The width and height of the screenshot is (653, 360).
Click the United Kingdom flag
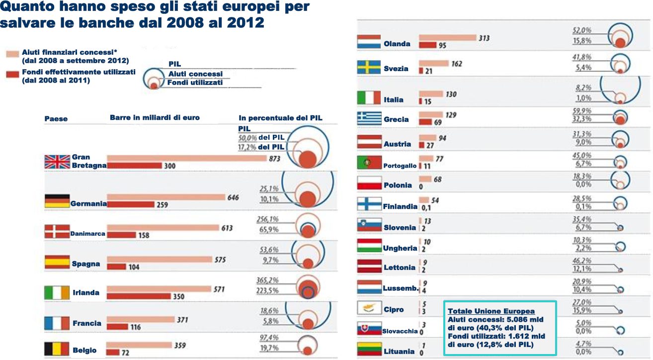click(x=57, y=162)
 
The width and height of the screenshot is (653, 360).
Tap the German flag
click(x=57, y=201)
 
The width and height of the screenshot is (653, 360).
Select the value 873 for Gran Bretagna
click(x=274, y=159)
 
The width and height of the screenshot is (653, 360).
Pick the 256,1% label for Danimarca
click(x=268, y=220)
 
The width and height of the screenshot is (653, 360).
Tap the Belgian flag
click(x=57, y=348)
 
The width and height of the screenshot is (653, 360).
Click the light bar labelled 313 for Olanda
click(x=447, y=38)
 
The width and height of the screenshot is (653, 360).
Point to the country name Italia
click(x=394, y=100)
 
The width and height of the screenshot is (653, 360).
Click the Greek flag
click(x=369, y=118)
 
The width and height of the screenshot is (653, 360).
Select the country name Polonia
click(x=398, y=185)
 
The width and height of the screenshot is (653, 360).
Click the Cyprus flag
click(x=369, y=308)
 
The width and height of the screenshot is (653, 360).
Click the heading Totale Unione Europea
click(x=484, y=311)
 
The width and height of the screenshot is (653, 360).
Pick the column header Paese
click(x=56, y=119)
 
